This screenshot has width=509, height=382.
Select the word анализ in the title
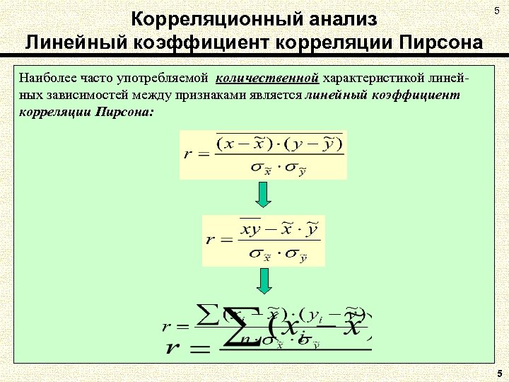point(337,19)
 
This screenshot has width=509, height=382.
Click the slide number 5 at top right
point(496,8)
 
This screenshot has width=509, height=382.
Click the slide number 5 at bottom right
point(499,373)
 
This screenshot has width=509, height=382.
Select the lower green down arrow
point(263,281)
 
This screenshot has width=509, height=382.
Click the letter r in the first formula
point(187,155)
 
